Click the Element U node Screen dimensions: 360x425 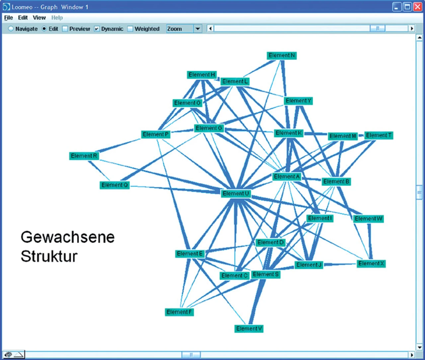point(236,193)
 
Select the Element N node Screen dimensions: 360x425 point(282,55)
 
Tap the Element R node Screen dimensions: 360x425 point(84,156)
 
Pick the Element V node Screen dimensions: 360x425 point(249,328)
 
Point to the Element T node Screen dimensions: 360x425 point(379,135)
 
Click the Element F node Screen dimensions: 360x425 point(179,312)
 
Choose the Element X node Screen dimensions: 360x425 point(371,263)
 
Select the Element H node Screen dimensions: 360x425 point(202,75)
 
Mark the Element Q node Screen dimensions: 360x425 point(115,185)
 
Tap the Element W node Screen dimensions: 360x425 point(369,219)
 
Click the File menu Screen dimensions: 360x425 point(8,18)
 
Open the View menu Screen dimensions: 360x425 point(39,18)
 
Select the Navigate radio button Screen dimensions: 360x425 point(11,29)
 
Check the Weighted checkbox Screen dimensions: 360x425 point(130,29)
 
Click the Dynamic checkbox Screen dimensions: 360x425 point(97,29)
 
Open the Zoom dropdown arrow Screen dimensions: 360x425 point(198,29)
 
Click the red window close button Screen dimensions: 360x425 point(417,7)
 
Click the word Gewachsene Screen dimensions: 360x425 point(67,237)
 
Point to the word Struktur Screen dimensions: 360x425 point(49,256)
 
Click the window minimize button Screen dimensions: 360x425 point(397,7)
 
